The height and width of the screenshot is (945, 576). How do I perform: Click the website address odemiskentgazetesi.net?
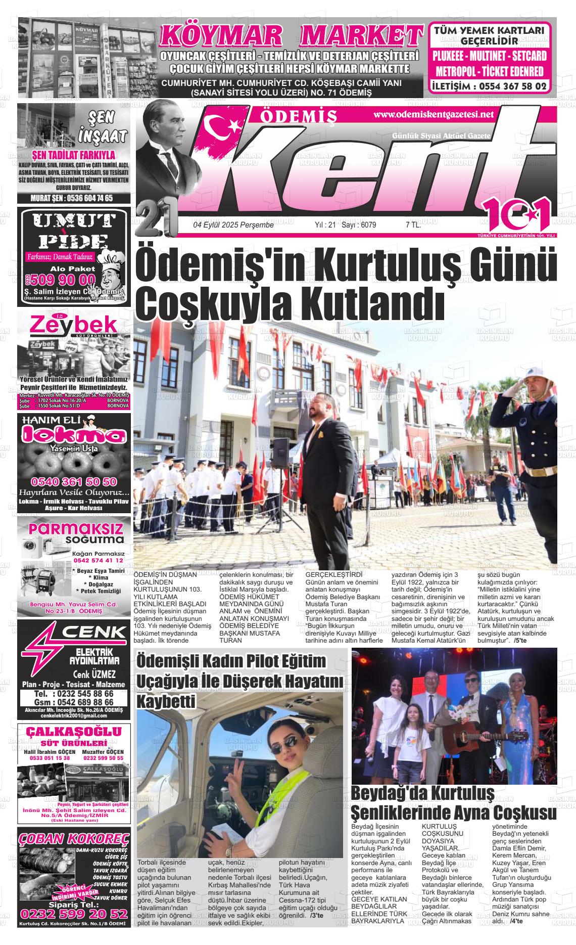[x=433, y=115]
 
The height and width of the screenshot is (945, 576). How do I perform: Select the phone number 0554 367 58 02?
[x=489, y=86]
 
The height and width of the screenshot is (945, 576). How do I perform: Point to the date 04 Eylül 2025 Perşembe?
[x=233, y=225]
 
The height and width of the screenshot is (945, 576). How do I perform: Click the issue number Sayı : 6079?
[x=359, y=225]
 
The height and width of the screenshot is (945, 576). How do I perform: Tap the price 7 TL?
[x=413, y=225]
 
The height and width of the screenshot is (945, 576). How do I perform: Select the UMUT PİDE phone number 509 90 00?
[x=62, y=280]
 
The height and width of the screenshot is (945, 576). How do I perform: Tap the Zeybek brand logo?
[x=73, y=326]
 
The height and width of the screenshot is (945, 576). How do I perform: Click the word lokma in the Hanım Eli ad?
[x=73, y=435]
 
